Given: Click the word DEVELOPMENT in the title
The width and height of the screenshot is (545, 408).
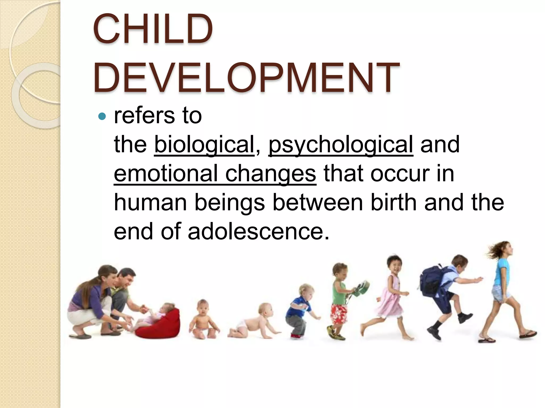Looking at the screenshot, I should tap(246, 77).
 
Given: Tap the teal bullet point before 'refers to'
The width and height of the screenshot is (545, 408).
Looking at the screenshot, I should tap(102, 116).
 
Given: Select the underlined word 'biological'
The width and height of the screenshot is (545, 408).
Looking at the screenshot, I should tap(204, 145).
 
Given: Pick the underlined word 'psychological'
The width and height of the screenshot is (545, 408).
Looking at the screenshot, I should tap(341, 145).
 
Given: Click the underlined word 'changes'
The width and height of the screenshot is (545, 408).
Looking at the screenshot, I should tap(271, 174).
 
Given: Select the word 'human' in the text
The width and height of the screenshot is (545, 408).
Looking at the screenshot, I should tap(150, 202).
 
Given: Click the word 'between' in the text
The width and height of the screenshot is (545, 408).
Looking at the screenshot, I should tap(318, 202).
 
